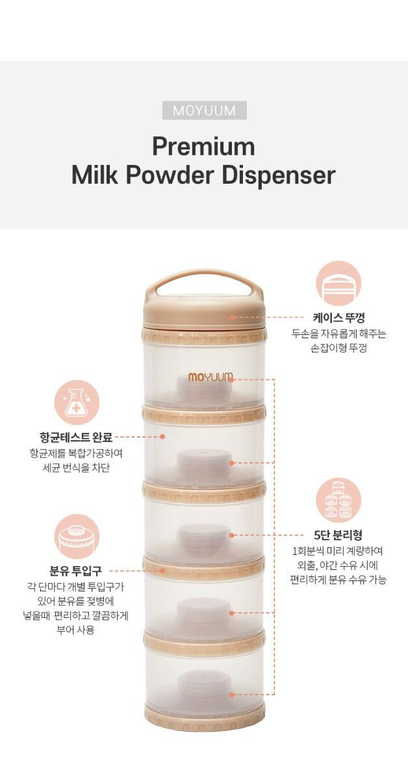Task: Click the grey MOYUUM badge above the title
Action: point(205,110)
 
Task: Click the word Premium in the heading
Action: point(203,147)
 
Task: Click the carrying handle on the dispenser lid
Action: point(204,281)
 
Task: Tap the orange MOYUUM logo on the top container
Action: point(210,377)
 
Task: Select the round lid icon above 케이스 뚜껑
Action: point(338,284)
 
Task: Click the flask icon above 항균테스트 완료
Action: point(77,402)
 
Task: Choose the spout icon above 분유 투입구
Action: point(77,537)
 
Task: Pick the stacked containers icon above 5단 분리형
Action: point(338,501)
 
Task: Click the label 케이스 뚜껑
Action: point(338,318)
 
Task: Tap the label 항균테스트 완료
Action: point(76,437)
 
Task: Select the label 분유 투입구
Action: point(75,571)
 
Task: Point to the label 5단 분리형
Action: point(338,535)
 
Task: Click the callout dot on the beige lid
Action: point(232,317)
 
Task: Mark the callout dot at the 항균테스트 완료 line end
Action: point(162,436)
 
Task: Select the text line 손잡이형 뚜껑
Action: point(338,348)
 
